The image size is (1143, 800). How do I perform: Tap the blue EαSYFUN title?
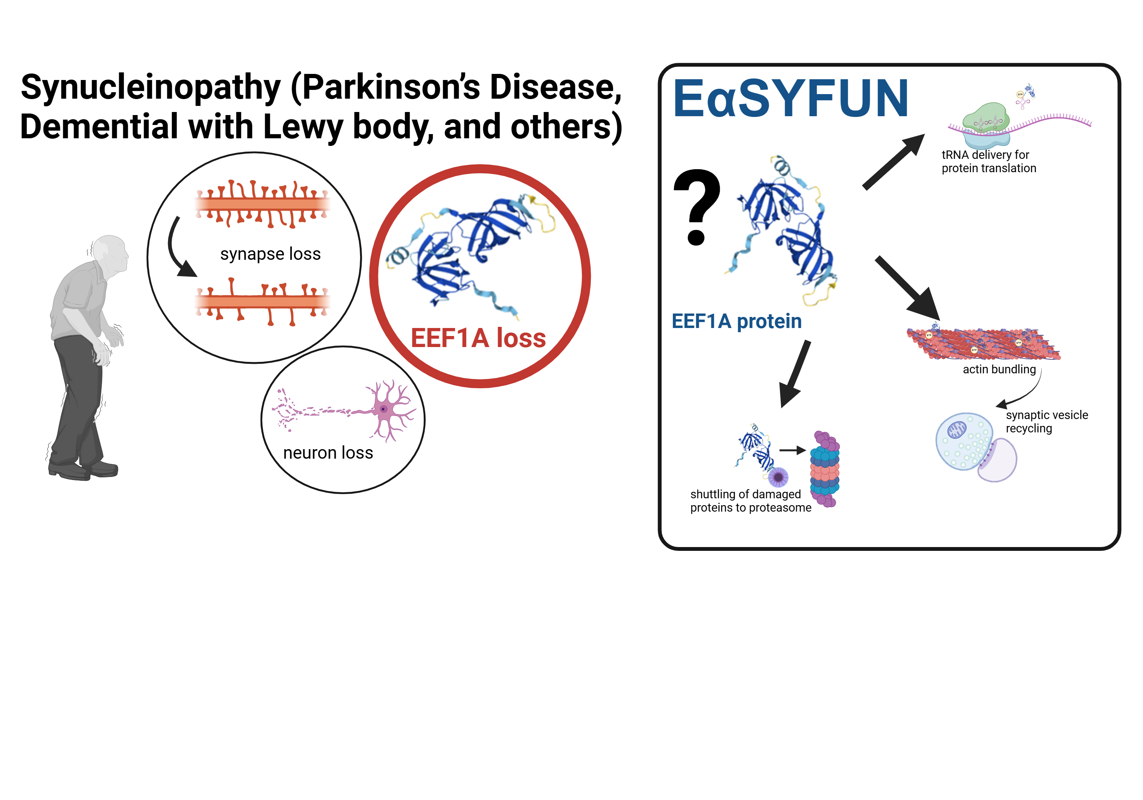[791, 99]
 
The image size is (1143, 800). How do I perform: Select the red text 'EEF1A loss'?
[479, 338]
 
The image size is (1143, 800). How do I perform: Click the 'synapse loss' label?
[270, 254]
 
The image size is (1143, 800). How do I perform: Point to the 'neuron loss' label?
[328, 453]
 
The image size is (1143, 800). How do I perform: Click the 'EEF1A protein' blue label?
[737, 321]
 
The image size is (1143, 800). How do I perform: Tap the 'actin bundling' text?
[999, 369]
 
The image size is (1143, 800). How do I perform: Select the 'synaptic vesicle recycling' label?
[1047, 422]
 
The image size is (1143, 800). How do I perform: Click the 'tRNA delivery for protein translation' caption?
[989, 161]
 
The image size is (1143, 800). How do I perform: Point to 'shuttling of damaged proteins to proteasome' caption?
[751, 501]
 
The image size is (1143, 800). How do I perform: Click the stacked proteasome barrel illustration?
[825, 469]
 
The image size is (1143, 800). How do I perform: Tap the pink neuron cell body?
[384, 409]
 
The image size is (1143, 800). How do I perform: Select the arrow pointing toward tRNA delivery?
[893, 162]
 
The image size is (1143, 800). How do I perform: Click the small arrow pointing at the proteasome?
[792, 451]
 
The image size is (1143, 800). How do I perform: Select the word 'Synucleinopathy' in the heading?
[151, 88]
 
